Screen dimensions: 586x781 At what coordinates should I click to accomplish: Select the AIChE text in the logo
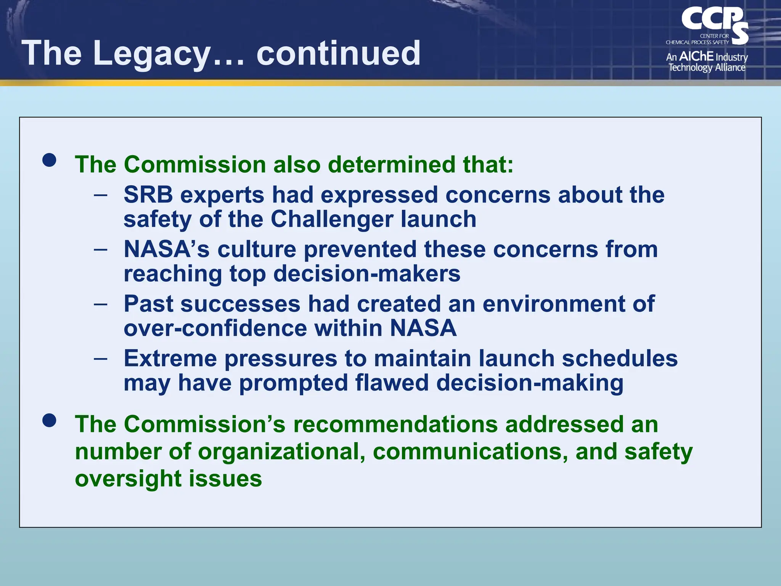[x=696, y=56]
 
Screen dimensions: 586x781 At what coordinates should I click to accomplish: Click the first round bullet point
[x=50, y=160]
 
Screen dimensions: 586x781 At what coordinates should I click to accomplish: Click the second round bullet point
[x=50, y=420]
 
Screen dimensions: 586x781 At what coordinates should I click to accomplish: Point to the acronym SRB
[x=148, y=195]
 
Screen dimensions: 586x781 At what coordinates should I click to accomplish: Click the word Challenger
[x=332, y=219]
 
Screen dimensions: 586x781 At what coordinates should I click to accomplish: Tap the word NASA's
[x=167, y=250]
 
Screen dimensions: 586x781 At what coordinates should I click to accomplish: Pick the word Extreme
[x=170, y=359]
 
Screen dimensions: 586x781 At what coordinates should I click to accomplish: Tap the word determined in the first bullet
[x=392, y=165]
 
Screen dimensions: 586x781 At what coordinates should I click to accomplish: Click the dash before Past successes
[x=100, y=304]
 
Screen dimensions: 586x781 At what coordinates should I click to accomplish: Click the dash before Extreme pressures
[x=100, y=359]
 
